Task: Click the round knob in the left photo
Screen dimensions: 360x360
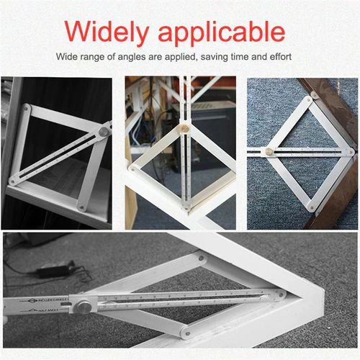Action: pyautogui.click(x=105, y=133)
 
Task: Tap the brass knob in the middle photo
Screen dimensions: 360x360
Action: pyautogui.click(x=184, y=132)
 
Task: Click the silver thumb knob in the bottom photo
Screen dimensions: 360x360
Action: pyautogui.click(x=85, y=307)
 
